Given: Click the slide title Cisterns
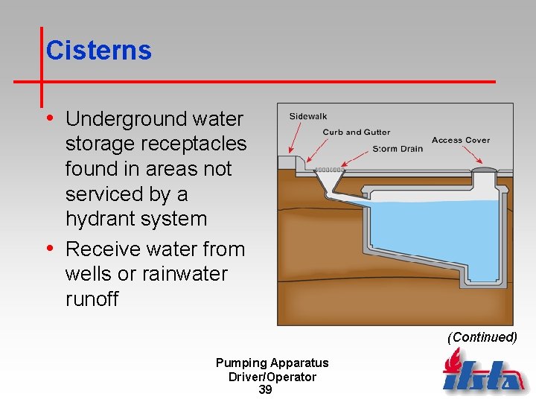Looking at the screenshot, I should pos(98,51).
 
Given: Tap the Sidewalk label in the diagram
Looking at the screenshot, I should pos(308,116).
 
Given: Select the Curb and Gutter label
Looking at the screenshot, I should pos(357,132).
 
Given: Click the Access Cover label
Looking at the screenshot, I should pos(461,140).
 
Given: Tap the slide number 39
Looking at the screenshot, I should pos(265,390).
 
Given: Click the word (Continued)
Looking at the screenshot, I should pos(482,337).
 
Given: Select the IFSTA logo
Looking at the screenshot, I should pos(482,373).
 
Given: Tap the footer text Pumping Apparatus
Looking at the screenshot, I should pos(272,363).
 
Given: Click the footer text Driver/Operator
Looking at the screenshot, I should pos(272,377).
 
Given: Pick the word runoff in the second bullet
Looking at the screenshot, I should pos(92,299).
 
